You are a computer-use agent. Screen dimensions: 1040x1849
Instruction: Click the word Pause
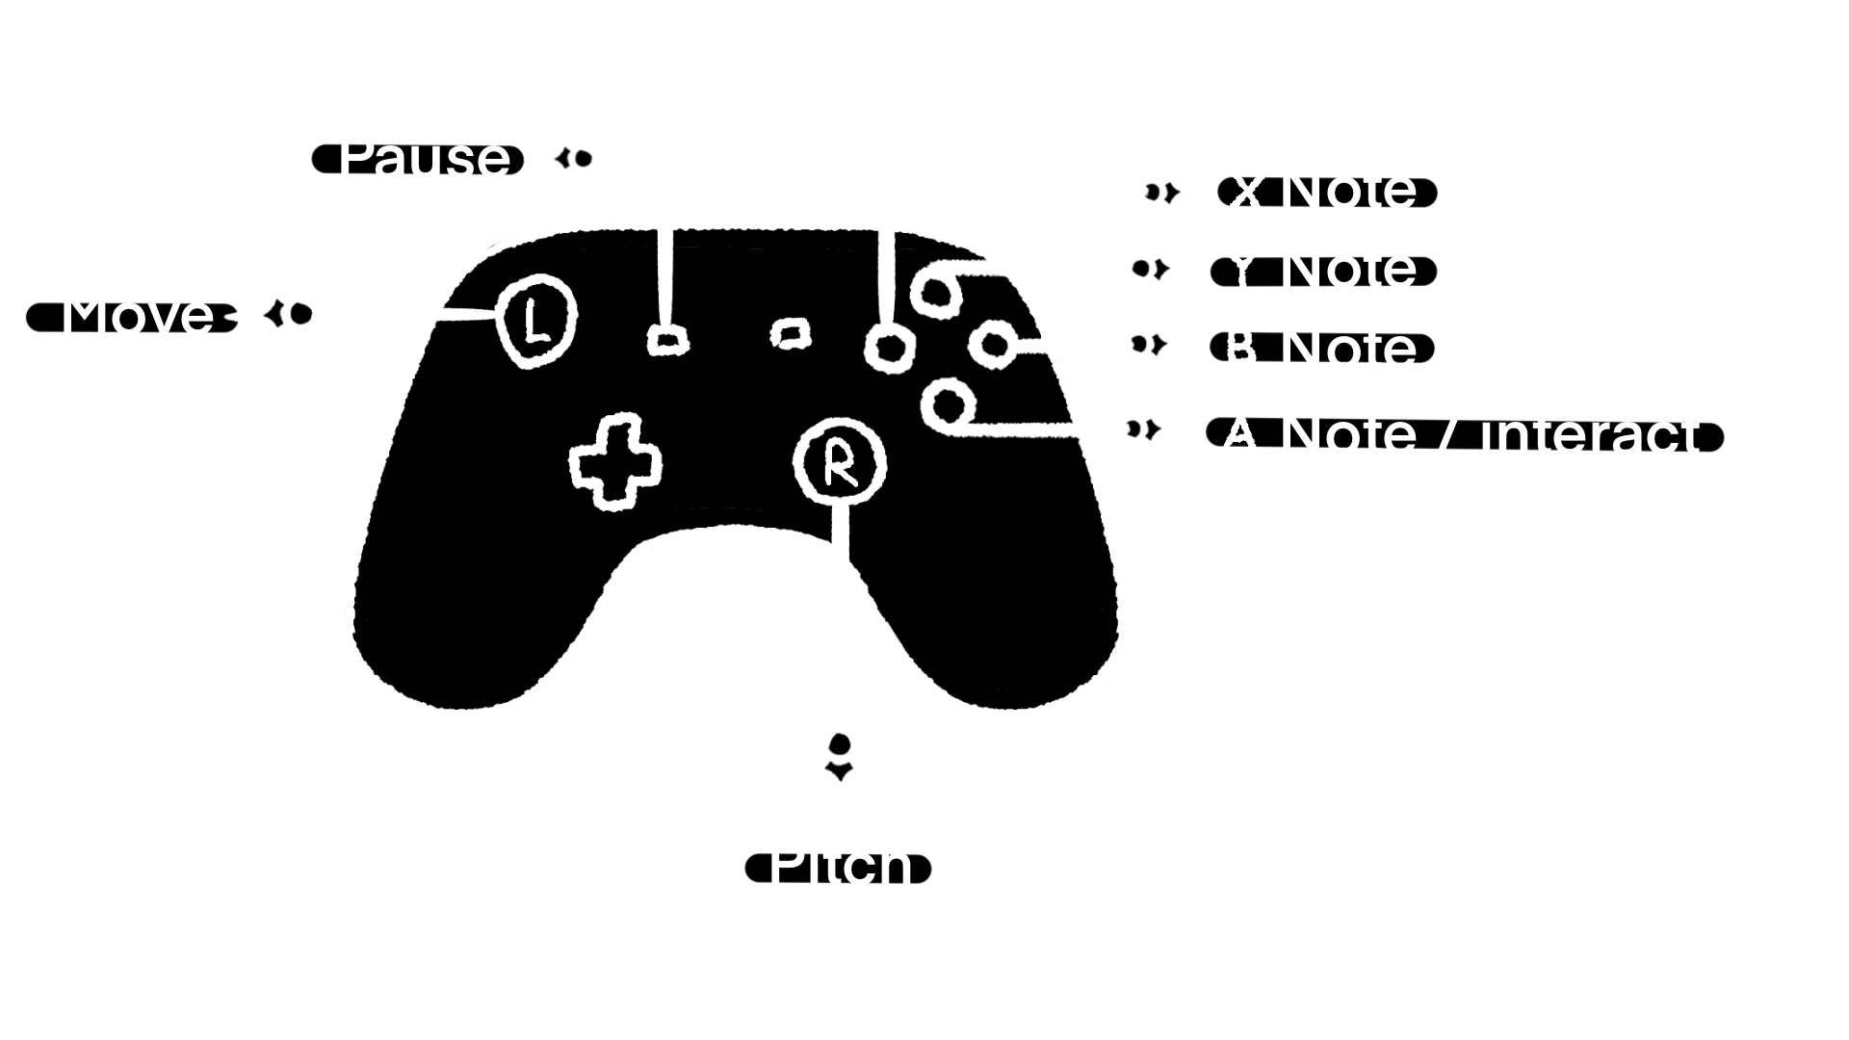(x=424, y=158)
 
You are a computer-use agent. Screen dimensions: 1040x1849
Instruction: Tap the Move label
(x=136, y=315)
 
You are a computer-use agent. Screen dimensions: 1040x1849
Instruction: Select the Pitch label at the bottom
(x=840, y=864)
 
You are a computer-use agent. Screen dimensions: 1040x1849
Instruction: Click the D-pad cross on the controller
(x=615, y=462)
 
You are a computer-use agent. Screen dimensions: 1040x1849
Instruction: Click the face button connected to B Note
(x=993, y=343)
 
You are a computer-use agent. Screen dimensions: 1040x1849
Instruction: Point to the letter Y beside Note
(x=1243, y=269)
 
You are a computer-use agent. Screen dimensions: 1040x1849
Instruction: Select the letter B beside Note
(x=1241, y=348)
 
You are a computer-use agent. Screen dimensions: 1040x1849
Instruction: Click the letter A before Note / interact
(x=1239, y=433)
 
